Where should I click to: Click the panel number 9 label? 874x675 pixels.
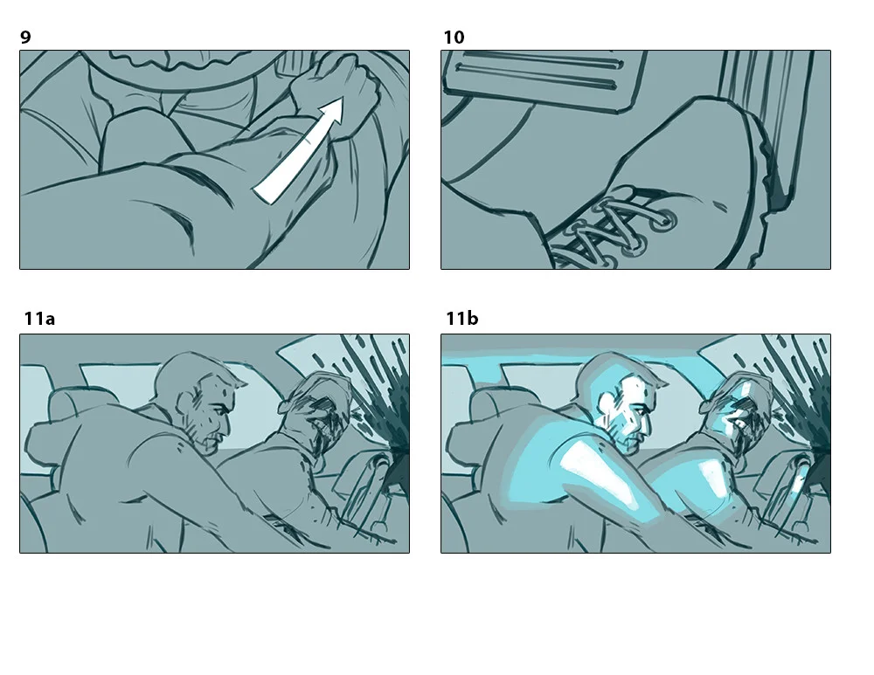pyautogui.click(x=25, y=38)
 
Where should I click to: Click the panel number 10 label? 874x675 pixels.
pyautogui.click(x=454, y=38)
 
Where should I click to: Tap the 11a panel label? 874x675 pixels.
pyautogui.click(x=39, y=319)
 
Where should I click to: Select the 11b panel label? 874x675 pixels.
pyautogui.click(x=462, y=319)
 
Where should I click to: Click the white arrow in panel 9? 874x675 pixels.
pyautogui.click(x=298, y=150)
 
